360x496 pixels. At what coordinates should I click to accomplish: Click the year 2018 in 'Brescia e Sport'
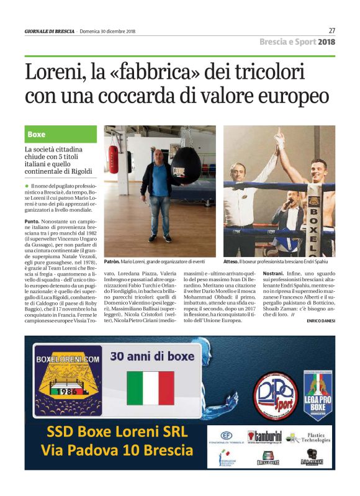coord(326,42)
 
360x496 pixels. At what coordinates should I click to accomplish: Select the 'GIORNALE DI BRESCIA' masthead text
coord(49,32)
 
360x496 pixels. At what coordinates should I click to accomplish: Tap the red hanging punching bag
coord(113,160)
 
